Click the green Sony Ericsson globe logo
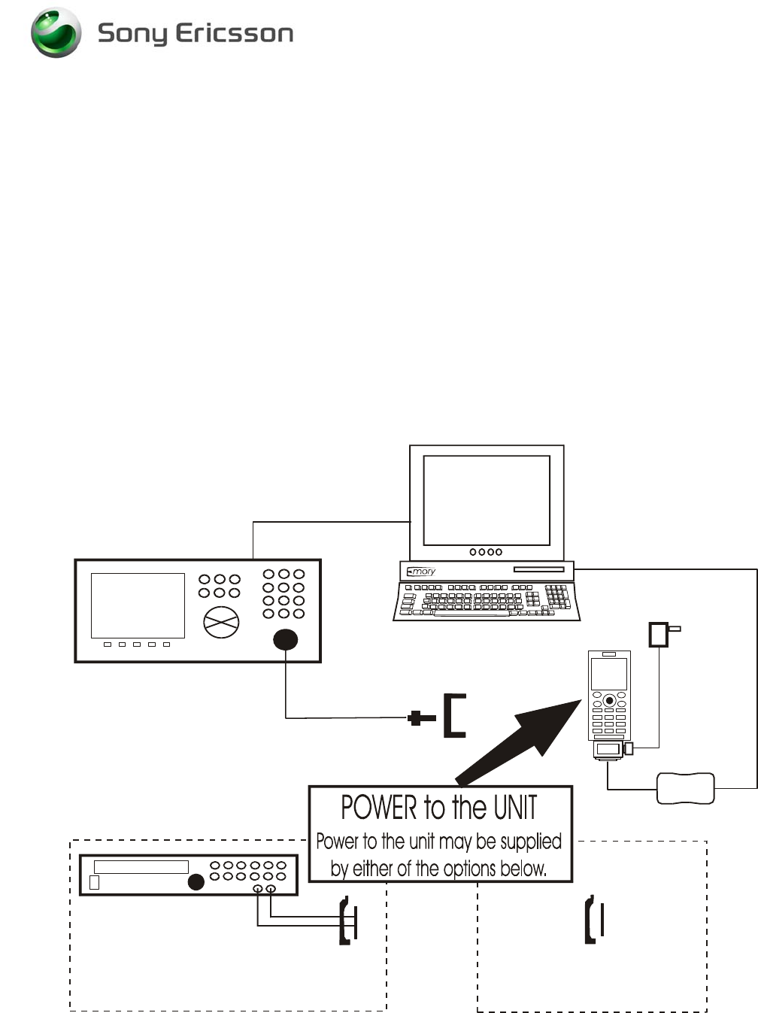click(x=56, y=33)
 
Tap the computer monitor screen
click(x=487, y=500)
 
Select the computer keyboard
click(x=487, y=602)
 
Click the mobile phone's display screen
click(x=608, y=675)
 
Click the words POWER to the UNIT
click(x=439, y=808)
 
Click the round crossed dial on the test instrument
click(x=221, y=622)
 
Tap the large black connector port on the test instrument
click(x=285, y=639)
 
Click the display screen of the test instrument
click(x=138, y=605)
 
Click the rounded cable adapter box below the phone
click(x=685, y=788)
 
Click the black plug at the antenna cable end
click(x=421, y=718)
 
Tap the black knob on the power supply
click(x=196, y=882)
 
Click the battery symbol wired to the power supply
click(x=348, y=920)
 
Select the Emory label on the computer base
click(x=422, y=572)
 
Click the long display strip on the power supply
click(x=141, y=866)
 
